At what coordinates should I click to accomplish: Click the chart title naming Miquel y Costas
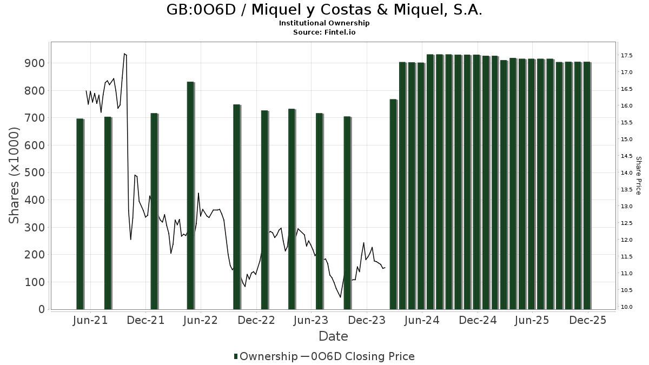pyautogui.click(x=324, y=10)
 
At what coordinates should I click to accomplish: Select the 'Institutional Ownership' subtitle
pyautogui.click(x=324, y=23)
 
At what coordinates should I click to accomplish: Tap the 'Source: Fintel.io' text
pyautogui.click(x=324, y=32)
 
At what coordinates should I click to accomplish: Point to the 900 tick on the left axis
pyautogui.click(x=34, y=63)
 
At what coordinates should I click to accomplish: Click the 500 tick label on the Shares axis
pyautogui.click(x=34, y=172)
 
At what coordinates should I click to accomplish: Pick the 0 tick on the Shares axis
pyautogui.click(x=41, y=309)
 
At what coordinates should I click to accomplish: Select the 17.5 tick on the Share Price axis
pyautogui.click(x=627, y=56)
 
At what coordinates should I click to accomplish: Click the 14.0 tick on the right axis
pyautogui.click(x=627, y=173)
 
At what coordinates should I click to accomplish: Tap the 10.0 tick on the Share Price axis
pyautogui.click(x=627, y=307)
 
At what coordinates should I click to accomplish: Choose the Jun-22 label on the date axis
pyautogui.click(x=201, y=320)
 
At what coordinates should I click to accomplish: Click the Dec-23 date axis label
pyautogui.click(x=367, y=320)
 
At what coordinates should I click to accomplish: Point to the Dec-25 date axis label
pyautogui.click(x=588, y=320)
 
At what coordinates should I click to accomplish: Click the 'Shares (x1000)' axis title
pyautogui.click(x=15, y=175)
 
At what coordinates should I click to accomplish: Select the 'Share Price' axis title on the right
pyautogui.click(x=638, y=175)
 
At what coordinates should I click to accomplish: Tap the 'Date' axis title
pyautogui.click(x=333, y=336)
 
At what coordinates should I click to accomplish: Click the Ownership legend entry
pyautogui.click(x=266, y=356)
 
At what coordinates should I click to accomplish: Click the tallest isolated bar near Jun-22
pyautogui.click(x=190, y=195)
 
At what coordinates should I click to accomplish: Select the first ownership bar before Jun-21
pyautogui.click(x=80, y=214)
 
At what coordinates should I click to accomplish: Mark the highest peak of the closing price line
pyautogui.click(x=124, y=54)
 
